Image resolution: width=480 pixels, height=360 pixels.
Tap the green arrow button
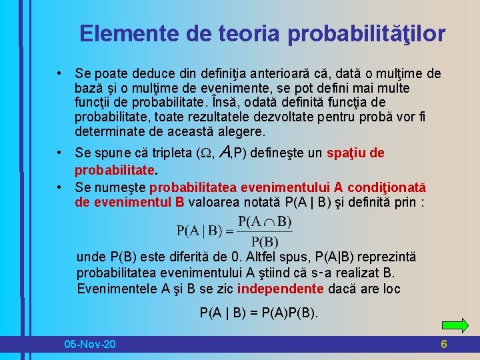tap(455, 325)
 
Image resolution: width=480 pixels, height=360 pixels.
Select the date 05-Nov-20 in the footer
tap(89, 344)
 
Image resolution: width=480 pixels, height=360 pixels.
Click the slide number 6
tap(443, 344)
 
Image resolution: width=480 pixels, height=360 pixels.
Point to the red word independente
tap(281, 289)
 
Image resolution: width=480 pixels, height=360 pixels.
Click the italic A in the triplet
tap(224, 153)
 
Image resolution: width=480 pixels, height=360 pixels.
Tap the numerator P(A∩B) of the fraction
tap(265, 221)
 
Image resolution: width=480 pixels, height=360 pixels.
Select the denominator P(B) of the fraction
tap(265, 241)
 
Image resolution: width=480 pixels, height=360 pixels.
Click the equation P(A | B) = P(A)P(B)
tap(259, 312)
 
